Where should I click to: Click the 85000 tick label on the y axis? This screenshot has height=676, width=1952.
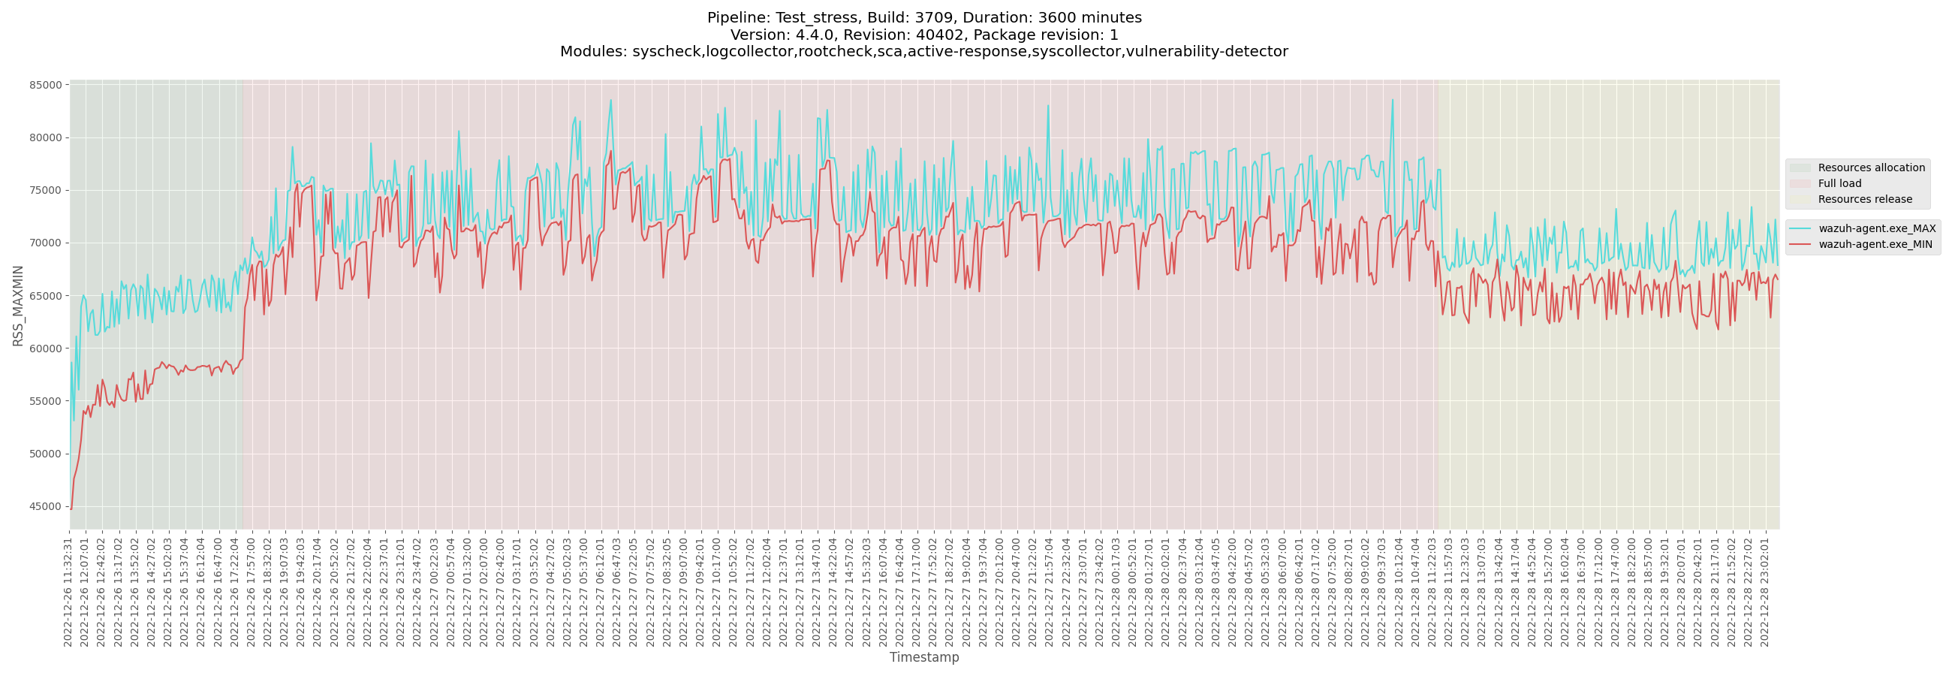(x=46, y=85)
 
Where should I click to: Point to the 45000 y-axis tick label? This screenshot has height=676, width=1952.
(x=46, y=507)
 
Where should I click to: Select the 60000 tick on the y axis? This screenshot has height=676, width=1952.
(x=46, y=349)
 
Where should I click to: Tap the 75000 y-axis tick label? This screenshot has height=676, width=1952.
(x=46, y=190)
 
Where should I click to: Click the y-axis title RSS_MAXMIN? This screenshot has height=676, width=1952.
(x=18, y=306)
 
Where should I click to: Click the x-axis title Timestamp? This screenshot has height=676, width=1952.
(x=923, y=657)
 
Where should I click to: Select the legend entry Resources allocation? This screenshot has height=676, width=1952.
(x=1871, y=167)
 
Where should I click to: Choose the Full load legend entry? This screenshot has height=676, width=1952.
(x=1839, y=183)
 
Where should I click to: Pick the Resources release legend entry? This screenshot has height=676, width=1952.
(x=1865, y=199)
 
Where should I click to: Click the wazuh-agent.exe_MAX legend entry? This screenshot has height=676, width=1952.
(x=1876, y=229)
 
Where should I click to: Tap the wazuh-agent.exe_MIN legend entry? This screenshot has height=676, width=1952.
(x=1875, y=245)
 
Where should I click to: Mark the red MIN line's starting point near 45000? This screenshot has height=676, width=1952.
(x=71, y=508)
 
